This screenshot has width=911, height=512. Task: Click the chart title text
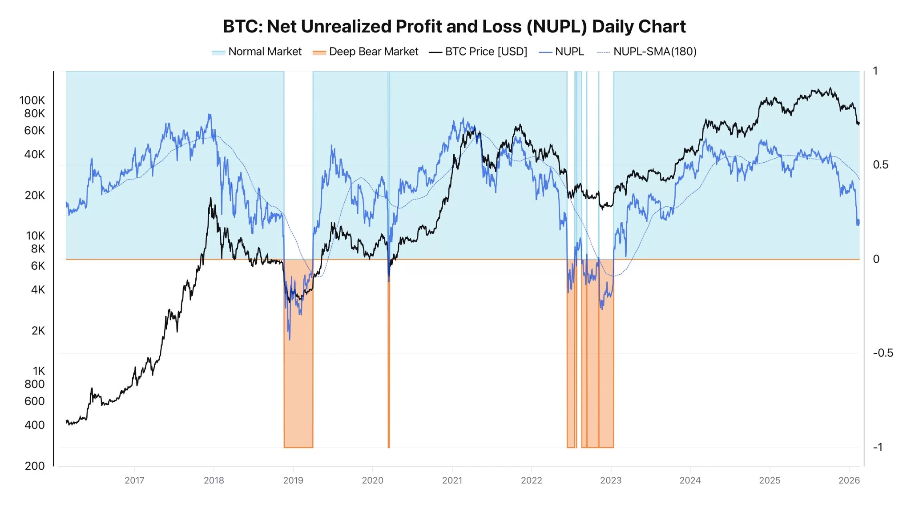coord(454,27)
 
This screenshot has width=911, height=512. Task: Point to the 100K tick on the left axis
coord(32,100)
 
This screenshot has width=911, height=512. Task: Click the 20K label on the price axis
coord(35,195)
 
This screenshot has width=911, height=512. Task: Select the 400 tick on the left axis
coord(35,425)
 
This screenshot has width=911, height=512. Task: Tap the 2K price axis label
coord(38,331)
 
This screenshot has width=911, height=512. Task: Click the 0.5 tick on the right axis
coord(880,165)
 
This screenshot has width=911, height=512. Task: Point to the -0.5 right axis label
coord(883,353)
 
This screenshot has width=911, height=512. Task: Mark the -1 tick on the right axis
coord(878,447)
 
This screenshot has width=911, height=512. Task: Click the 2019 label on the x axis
coord(293,480)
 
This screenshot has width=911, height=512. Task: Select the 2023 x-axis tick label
coord(611,480)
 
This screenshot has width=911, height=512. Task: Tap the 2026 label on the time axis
coord(849,480)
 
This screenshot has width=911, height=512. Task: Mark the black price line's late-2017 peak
coord(210,199)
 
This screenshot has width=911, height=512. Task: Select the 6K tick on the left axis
coord(38,266)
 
